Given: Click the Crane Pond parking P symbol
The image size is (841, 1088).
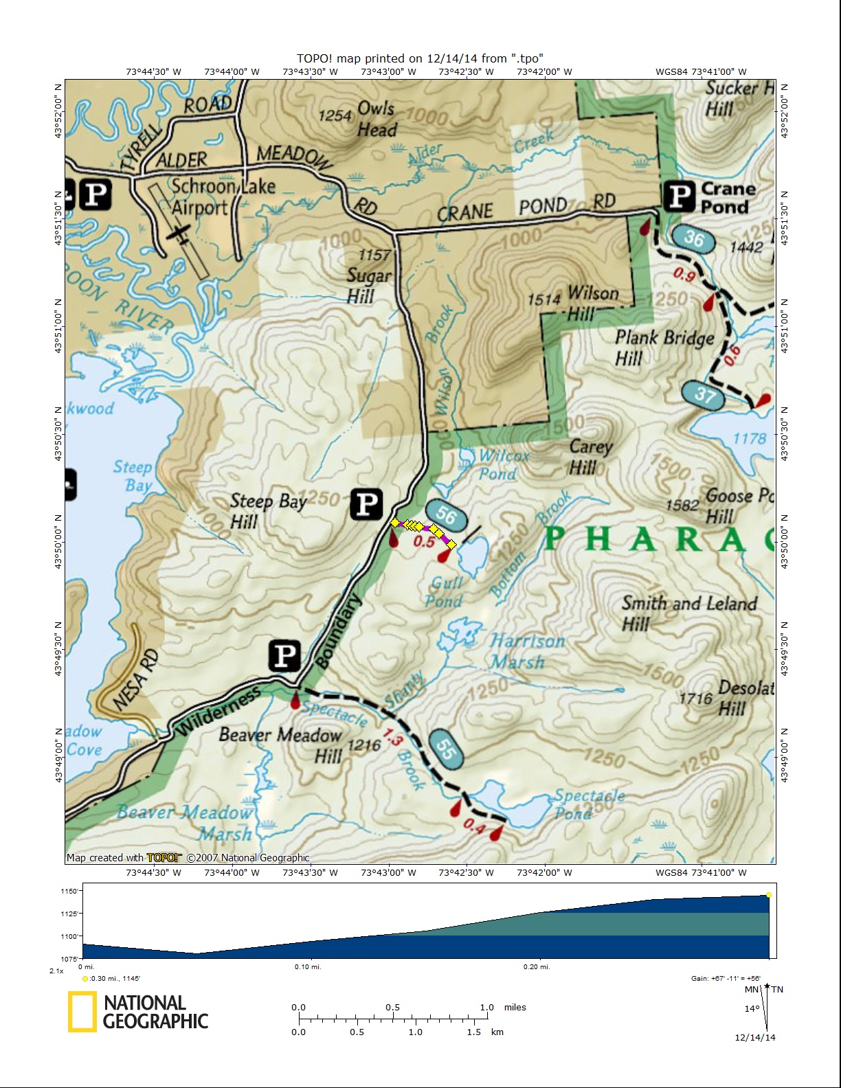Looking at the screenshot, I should [680, 196].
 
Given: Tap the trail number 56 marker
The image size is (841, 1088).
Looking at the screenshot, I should [447, 515].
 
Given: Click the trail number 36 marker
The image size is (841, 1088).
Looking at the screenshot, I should [694, 238].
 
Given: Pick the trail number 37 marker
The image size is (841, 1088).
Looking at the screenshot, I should [704, 394].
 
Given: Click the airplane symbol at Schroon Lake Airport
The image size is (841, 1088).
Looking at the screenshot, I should [179, 234].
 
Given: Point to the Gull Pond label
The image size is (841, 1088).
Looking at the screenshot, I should [445, 592].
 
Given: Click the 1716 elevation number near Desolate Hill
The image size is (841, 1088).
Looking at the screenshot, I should [695, 699].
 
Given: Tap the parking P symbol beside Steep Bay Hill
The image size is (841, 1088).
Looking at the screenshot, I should [366, 505].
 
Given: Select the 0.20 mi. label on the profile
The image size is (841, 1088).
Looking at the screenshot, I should [536, 966].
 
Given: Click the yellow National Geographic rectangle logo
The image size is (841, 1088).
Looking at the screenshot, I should [82, 1012].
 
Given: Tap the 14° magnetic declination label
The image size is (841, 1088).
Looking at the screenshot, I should [752, 1008].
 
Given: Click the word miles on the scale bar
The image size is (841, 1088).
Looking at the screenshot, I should [515, 1007].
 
